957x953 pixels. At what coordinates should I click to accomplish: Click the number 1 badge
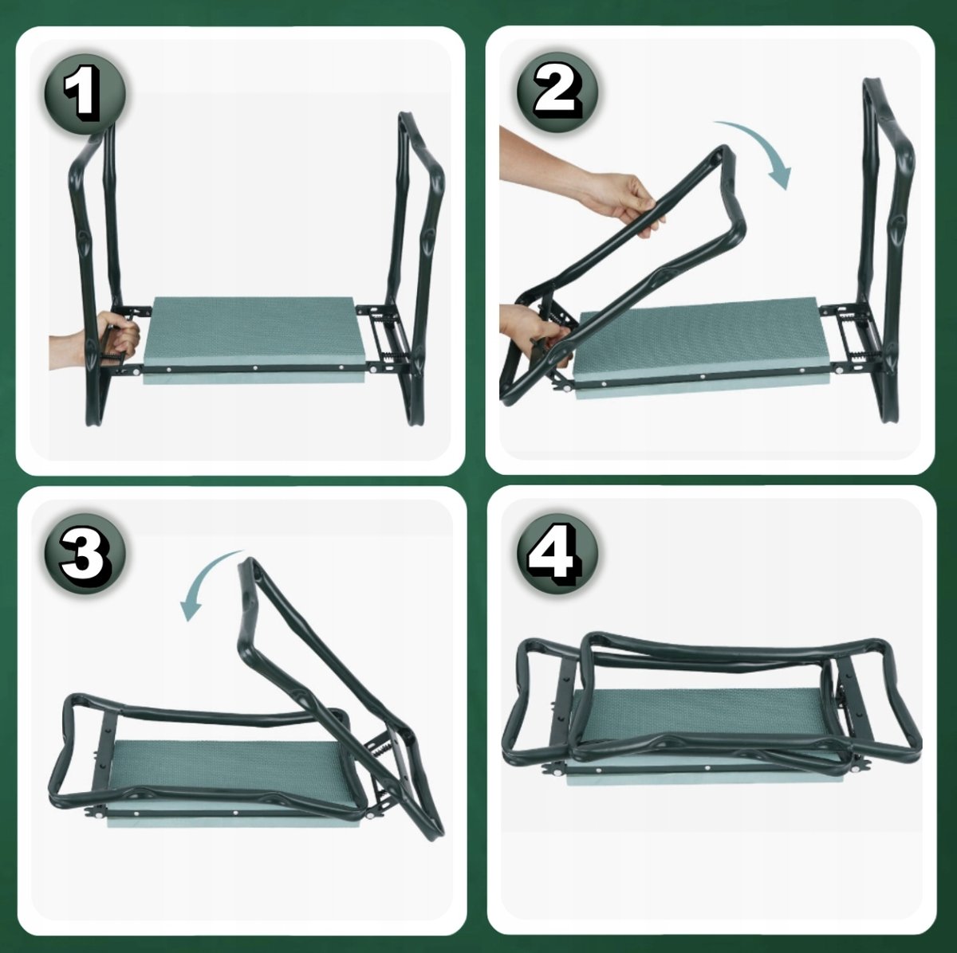tap(85, 94)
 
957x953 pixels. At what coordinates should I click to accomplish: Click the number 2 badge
tap(557, 92)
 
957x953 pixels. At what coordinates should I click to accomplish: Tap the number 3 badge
tap(85, 554)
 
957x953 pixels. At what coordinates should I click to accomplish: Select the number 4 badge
tap(557, 554)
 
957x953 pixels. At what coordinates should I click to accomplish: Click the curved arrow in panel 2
tap(767, 144)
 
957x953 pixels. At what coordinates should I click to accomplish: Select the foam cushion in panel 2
tap(701, 347)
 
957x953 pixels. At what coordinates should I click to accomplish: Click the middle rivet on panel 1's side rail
tap(254, 368)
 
